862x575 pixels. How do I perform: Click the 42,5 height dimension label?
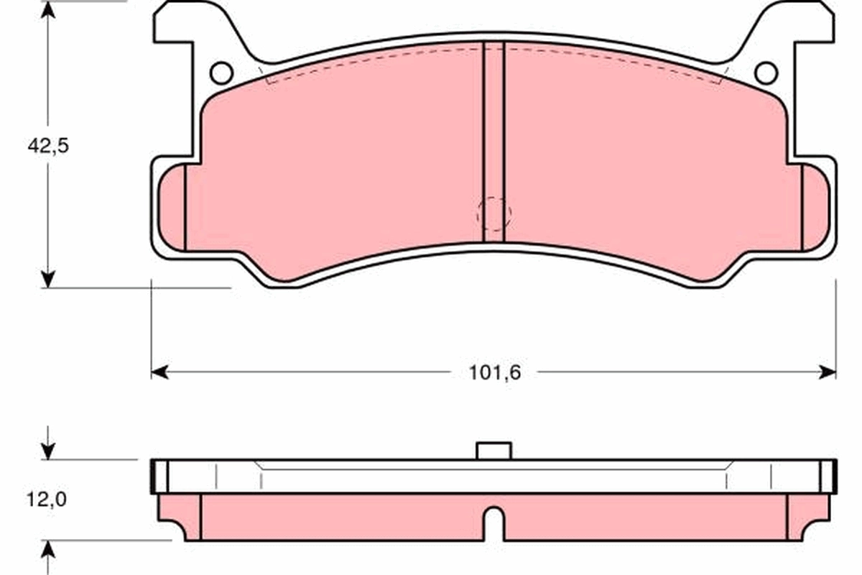pyautogui.click(x=48, y=145)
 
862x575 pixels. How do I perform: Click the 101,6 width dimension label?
pyautogui.click(x=494, y=372)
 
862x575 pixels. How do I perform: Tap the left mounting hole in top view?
pyautogui.click(x=221, y=73)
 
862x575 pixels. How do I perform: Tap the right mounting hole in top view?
pyautogui.click(x=766, y=73)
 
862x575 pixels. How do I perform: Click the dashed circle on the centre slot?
pyautogui.click(x=494, y=213)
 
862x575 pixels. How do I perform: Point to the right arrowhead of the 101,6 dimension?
pyautogui.click(x=828, y=372)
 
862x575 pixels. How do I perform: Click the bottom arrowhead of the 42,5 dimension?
pyautogui.click(x=48, y=279)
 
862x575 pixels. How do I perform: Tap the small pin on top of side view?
pyautogui.click(x=494, y=451)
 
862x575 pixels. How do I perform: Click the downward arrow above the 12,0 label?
pyautogui.click(x=48, y=451)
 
